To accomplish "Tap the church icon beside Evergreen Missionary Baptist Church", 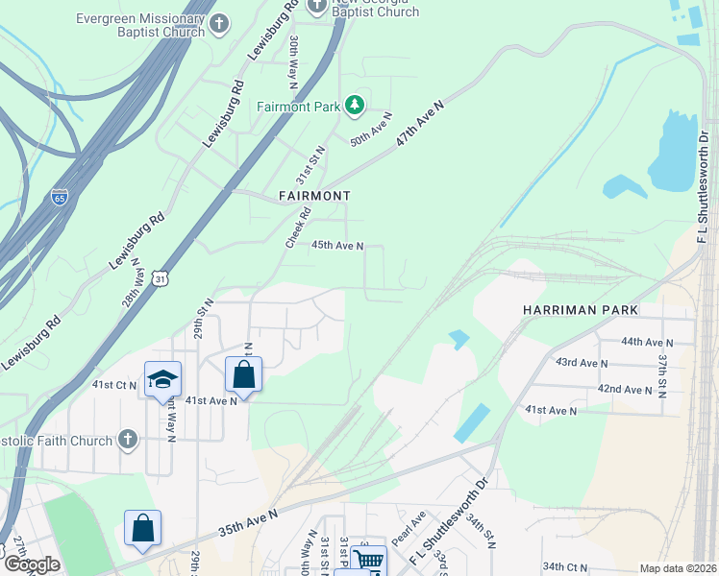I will pos(220,23).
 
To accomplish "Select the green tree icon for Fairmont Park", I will pos(355,105).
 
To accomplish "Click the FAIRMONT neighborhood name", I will pos(313,195).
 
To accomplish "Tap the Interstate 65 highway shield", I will pos(60,198).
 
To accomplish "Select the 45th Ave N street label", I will pos(337,246).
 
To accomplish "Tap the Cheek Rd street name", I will pos(299,228).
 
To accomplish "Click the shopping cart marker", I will pos(367,561).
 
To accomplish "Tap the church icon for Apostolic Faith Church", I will pos(127,440).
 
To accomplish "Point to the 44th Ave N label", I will pos(646,342).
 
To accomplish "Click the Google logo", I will pos(31,564).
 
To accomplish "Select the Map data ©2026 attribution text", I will pos(677,568).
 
